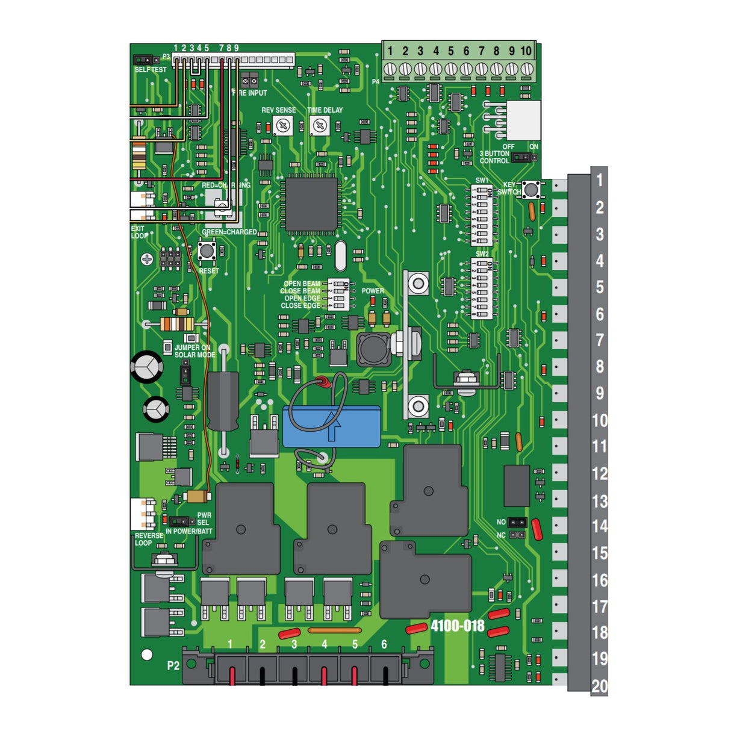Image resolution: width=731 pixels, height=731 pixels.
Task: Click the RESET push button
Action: (x=207, y=250)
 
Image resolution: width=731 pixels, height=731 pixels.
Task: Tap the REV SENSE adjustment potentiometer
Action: (x=282, y=126)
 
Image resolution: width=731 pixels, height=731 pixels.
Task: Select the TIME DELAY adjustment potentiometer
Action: (x=320, y=126)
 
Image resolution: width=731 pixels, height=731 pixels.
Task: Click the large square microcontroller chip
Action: (x=311, y=205)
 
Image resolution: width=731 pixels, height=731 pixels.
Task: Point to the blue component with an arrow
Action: (x=332, y=426)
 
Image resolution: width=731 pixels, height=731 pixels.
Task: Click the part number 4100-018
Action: (x=458, y=626)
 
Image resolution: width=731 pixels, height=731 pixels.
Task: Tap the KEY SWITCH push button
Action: (x=530, y=190)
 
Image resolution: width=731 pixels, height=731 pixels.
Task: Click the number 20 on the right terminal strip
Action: (x=600, y=686)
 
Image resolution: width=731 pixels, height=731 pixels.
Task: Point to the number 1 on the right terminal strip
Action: (x=600, y=180)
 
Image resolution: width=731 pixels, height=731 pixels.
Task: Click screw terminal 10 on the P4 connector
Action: (x=527, y=69)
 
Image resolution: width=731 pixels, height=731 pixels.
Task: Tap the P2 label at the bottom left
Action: (x=173, y=665)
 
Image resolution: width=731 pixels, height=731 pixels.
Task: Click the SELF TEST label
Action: (x=151, y=70)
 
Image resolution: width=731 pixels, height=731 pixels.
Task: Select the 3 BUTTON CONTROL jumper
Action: (x=524, y=158)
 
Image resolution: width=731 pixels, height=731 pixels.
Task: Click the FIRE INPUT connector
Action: (x=249, y=80)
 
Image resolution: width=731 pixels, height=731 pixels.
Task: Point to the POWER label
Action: (x=373, y=291)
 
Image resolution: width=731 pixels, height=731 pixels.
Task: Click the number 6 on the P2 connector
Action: (x=384, y=644)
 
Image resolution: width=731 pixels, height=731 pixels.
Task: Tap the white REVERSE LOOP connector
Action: (x=142, y=514)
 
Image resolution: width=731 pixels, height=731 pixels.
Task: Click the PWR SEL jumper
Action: (x=179, y=521)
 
